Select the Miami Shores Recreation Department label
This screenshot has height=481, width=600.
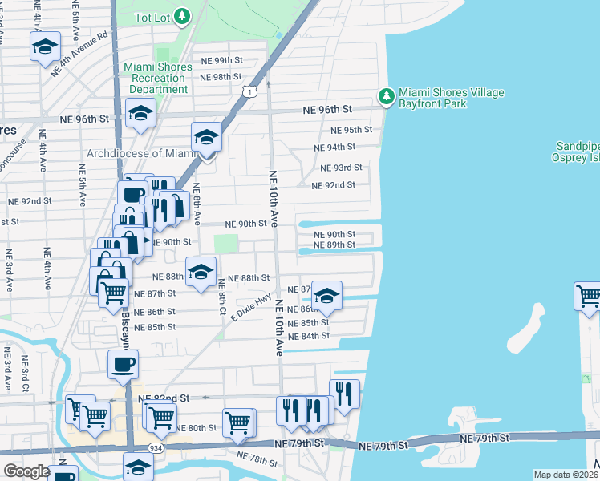coord(158,78)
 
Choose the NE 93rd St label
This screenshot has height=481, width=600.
coord(341,168)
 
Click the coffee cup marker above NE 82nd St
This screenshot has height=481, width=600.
coord(123,365)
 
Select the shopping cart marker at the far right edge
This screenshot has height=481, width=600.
coord(588,296)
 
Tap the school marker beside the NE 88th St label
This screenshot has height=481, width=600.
coord(201,272)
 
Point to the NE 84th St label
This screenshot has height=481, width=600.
coord(310,336)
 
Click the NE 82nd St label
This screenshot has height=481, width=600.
coord(163,398)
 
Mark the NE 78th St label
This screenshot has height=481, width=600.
coord(257,459)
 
